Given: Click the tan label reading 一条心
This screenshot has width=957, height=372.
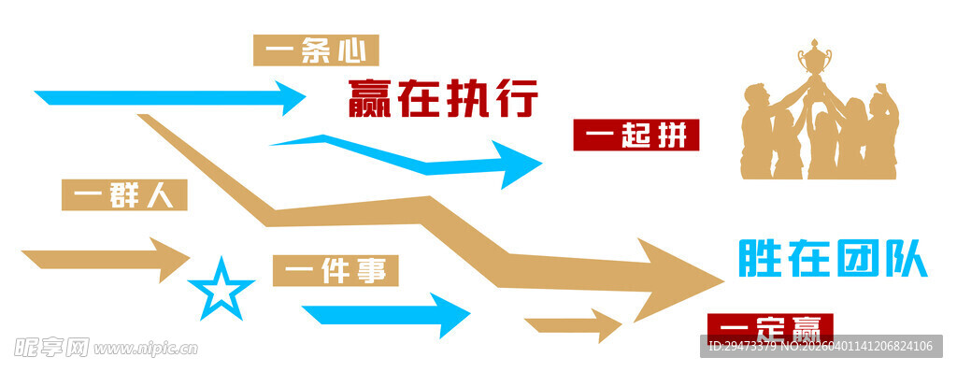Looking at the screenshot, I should coord(316,50).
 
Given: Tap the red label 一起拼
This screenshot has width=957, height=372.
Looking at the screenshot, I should coord(636,136).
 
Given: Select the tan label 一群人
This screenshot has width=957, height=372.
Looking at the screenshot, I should coord(124,195).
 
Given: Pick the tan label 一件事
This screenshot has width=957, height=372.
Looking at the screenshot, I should coord(336,271).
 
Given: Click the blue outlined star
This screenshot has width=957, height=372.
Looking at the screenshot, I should coord(221,289).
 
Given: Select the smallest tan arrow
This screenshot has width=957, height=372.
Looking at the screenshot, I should coord(574,325).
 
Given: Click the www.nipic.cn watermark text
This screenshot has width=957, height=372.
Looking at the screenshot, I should coord(146,349).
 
